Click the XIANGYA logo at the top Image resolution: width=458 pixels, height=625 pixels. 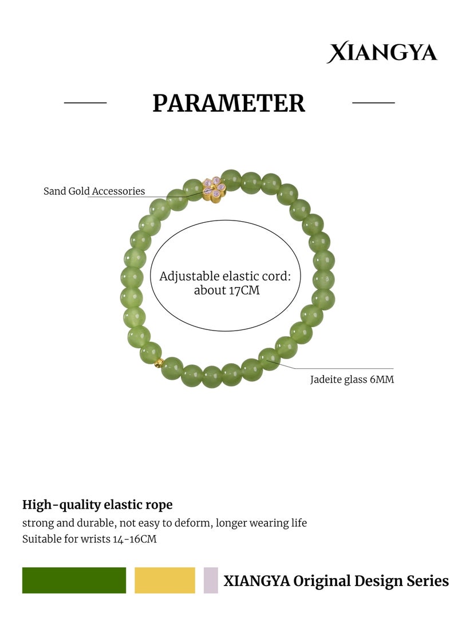point(381,52)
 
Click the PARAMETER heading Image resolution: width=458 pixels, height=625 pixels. point(228,103)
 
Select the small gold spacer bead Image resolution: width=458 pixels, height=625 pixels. point(159,363)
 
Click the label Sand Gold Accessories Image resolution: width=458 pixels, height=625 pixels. point(94,191)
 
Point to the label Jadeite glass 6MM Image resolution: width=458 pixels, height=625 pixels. point(352,379)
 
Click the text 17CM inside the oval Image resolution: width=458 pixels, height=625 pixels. point(243,290)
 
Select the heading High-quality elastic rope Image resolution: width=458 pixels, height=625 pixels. point(97,505)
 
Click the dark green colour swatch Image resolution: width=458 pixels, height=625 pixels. point(74,580)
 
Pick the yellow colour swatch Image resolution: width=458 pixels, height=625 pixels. point(165,580)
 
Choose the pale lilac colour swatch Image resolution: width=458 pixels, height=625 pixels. point(211,580)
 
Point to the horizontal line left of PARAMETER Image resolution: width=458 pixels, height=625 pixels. point(85,103)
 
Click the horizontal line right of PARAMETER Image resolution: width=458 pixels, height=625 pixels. point(373,103)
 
